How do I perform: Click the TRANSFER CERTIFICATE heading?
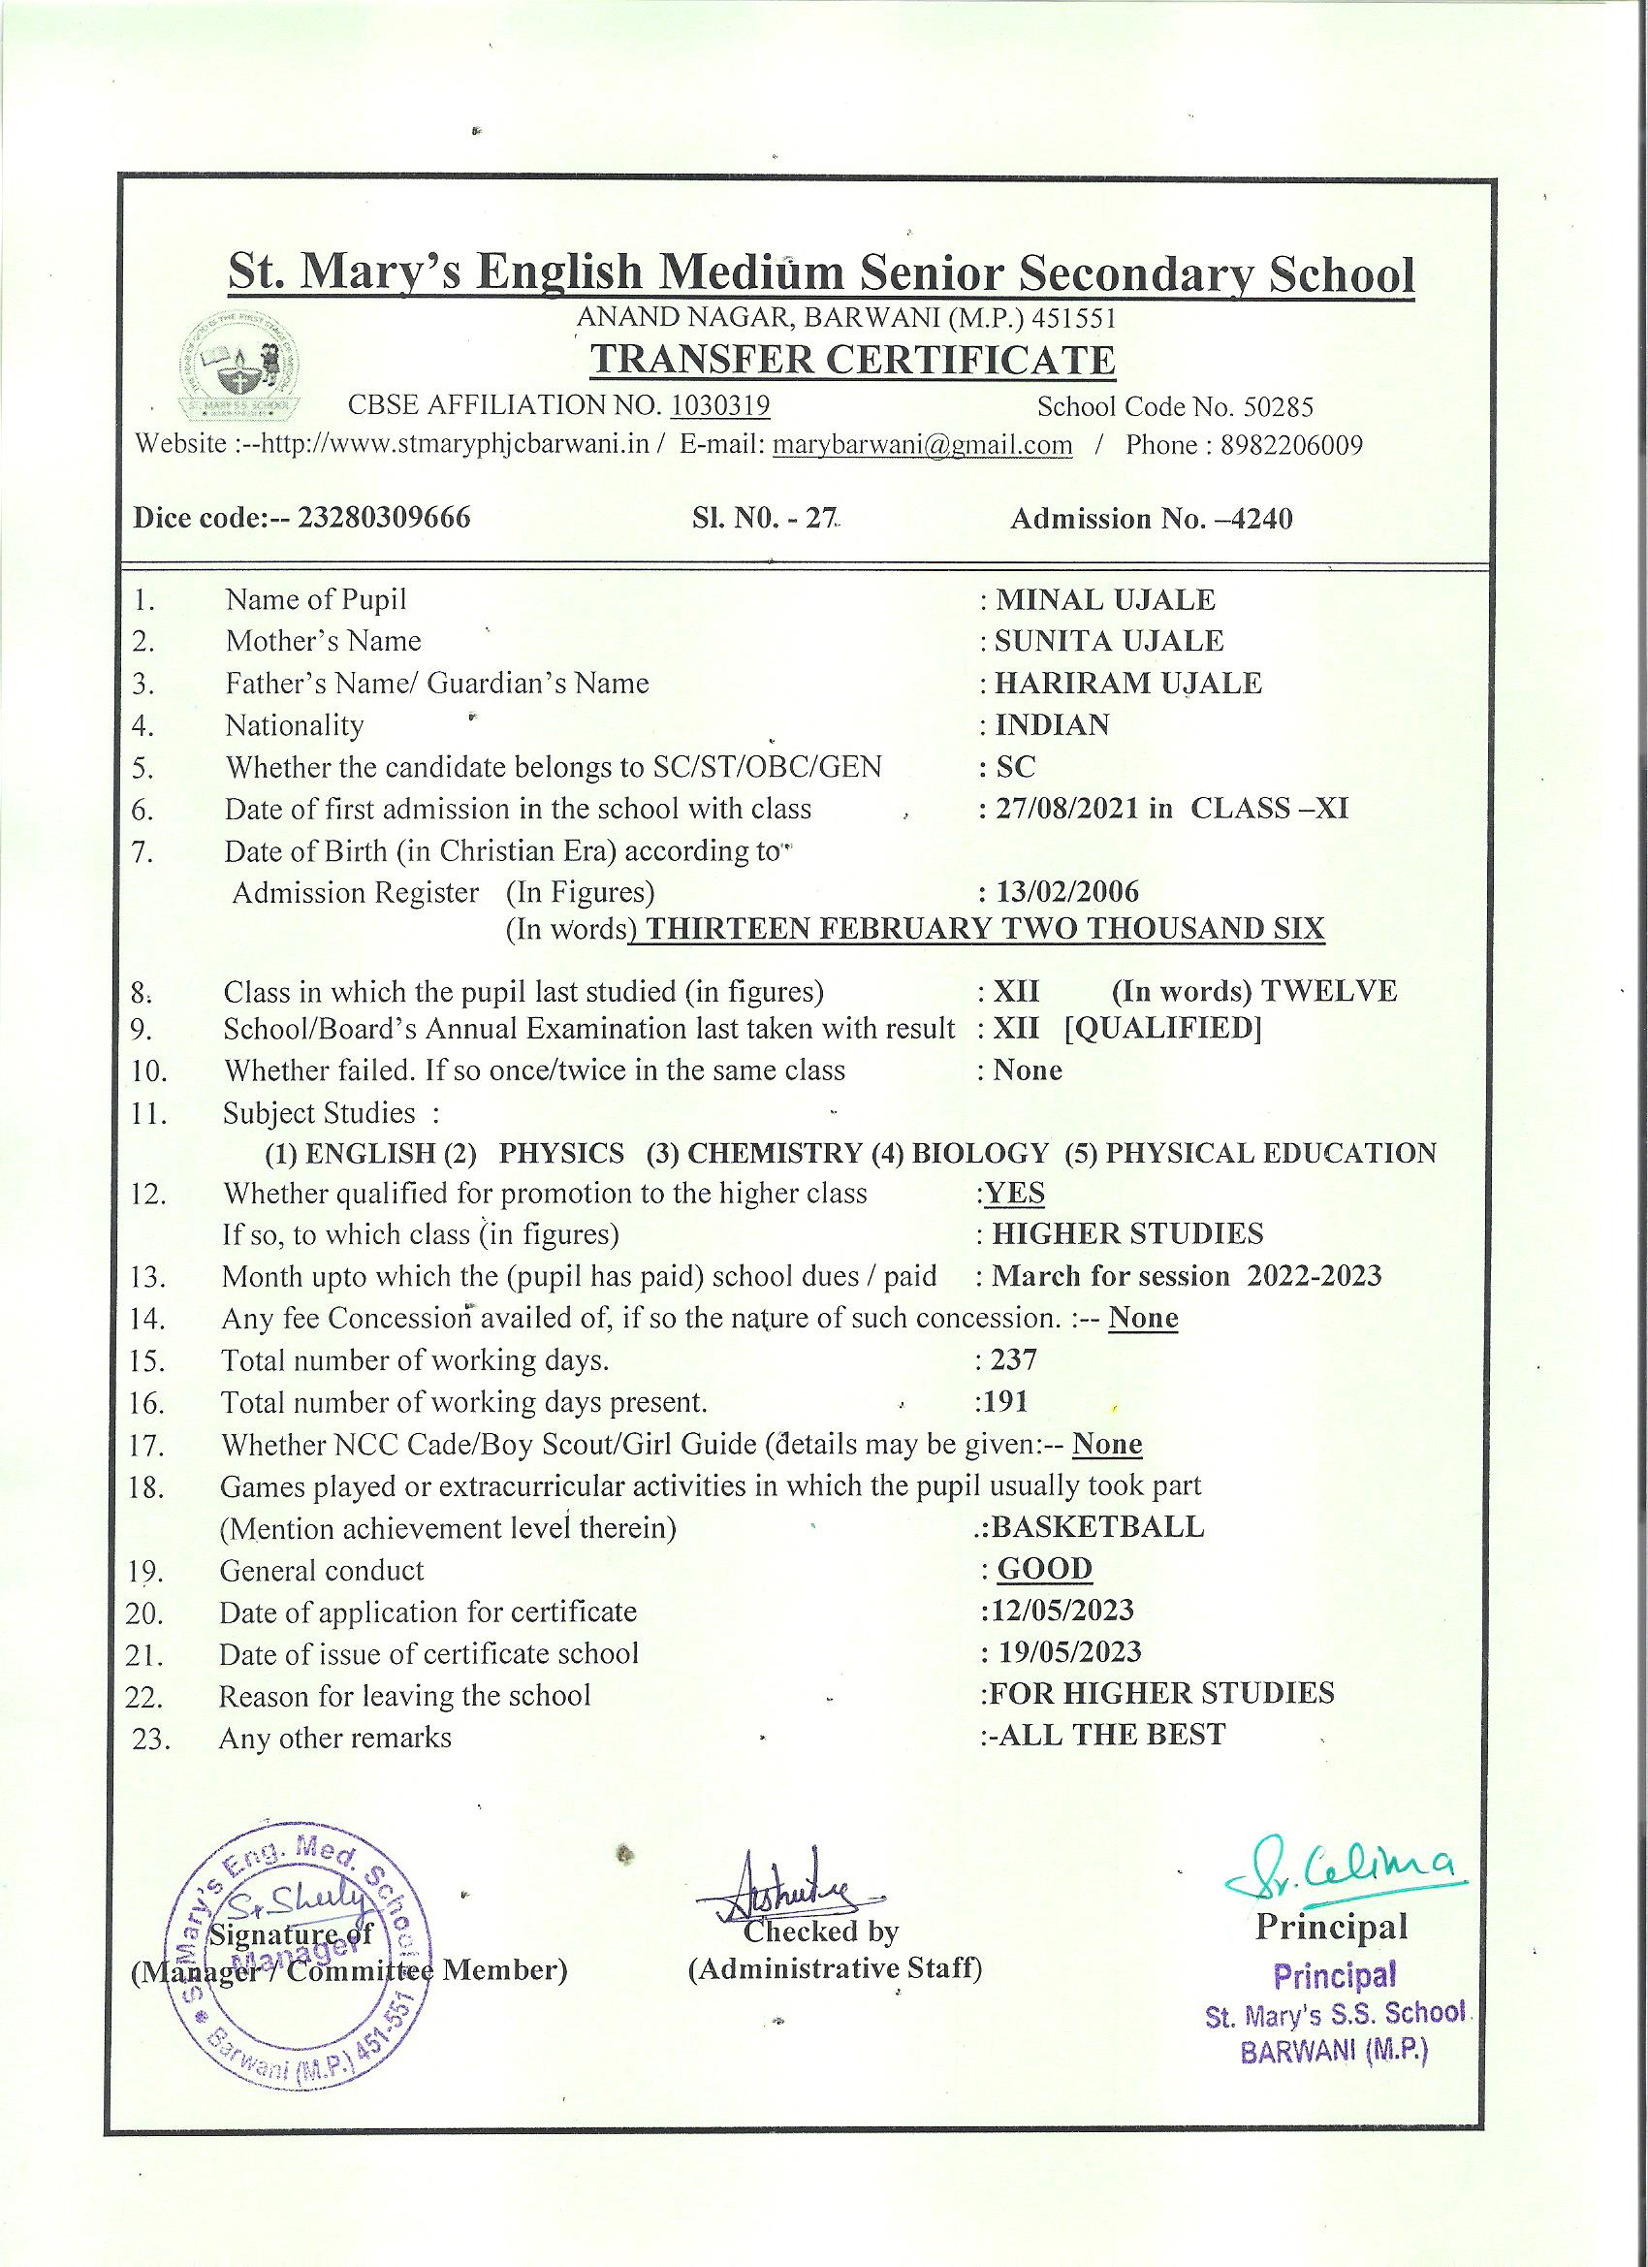(851, 360)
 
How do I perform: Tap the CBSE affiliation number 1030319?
(719, 405)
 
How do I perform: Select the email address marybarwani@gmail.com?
(923, 445)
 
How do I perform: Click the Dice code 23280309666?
(386, 518)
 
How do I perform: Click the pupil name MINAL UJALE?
(1105, 600)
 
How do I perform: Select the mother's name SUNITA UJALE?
(1109, 641)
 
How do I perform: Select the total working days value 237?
(1014, 1359)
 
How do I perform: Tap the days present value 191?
(1006, 1401)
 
